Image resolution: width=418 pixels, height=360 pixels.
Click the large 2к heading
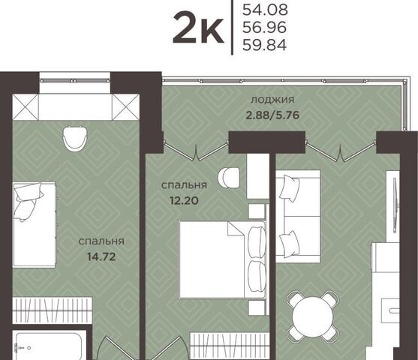(198, 28)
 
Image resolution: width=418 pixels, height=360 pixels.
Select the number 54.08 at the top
(265, 10)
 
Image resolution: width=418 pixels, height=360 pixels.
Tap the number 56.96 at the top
(264, 27)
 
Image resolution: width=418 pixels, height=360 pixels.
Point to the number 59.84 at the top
(264, 45)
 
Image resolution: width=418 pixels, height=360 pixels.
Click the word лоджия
(272, 100)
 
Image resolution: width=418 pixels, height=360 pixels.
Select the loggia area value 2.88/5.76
(272, 115)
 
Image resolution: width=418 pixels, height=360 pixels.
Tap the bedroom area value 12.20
(184, 200)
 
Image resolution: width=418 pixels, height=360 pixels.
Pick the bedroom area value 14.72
(101, 257)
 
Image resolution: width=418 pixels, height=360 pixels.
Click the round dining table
(312, 316)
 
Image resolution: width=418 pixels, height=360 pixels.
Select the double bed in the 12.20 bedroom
(223, 259)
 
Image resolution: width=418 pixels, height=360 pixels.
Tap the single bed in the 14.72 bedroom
(35, 224)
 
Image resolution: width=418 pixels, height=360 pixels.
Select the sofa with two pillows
(298, 216)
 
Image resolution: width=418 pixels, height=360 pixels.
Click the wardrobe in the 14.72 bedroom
(53, 310)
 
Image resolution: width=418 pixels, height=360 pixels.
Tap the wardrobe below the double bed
(228, 346)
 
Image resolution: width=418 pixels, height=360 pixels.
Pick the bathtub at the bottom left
(50, 345)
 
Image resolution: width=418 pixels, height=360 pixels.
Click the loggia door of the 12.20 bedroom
(196, 151)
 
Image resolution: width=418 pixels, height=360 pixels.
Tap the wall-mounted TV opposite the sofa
(395, 205)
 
